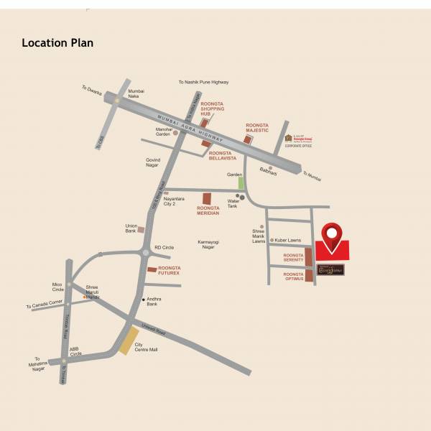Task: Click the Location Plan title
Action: pos(57,43)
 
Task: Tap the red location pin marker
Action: pos(331,237)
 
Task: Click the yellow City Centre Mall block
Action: pos(129,341)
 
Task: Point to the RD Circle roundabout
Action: pos(146,251)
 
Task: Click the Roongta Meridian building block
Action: pos(207,199)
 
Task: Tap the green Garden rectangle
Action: pos(241,182)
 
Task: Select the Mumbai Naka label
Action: pos(136,94)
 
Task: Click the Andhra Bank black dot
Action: pos(144,299)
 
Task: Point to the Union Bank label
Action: pos(131,228)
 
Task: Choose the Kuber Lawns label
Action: pos(286,240)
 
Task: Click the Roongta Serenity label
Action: pos(293,257)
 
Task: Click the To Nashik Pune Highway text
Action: pos(203,83)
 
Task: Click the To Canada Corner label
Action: pos(45,307)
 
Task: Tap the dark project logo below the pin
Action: pos(331,269)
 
